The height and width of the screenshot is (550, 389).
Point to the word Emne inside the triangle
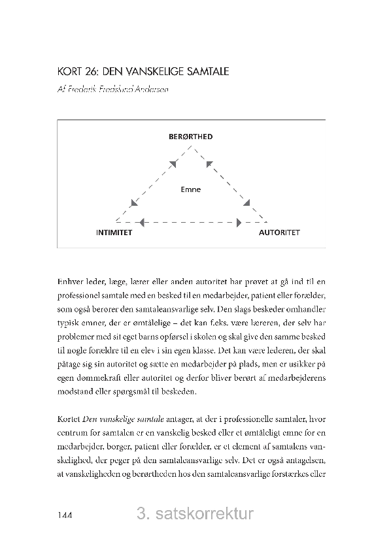pyautogui.click(x=191, y=190)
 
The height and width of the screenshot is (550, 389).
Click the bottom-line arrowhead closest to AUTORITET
pyautogui.click(x=239, y=222)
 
